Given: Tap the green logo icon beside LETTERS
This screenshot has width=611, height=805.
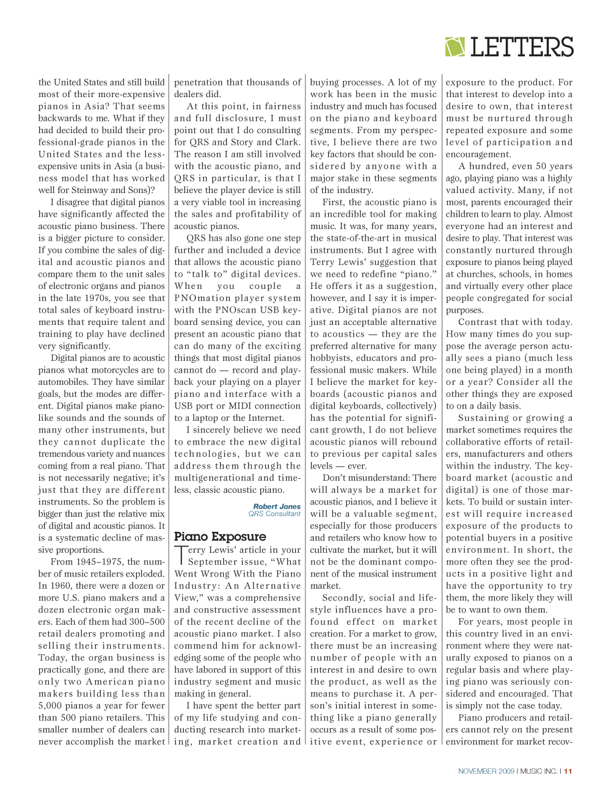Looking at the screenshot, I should [455, 47].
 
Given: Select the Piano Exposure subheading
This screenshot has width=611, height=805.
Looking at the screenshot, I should [220, 536].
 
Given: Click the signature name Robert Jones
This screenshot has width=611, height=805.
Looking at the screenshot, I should [277, 506].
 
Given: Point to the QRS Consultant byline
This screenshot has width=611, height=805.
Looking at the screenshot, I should [274, 514].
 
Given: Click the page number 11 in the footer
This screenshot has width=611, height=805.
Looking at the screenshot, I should [568, 771].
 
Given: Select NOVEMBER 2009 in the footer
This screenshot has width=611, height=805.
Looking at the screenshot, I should [486, 771].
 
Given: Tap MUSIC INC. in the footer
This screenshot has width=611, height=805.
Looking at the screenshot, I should [538, 771].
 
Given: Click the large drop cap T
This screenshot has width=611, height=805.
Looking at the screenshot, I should [180, 555].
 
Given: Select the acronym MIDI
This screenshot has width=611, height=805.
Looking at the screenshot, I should [227, 406].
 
